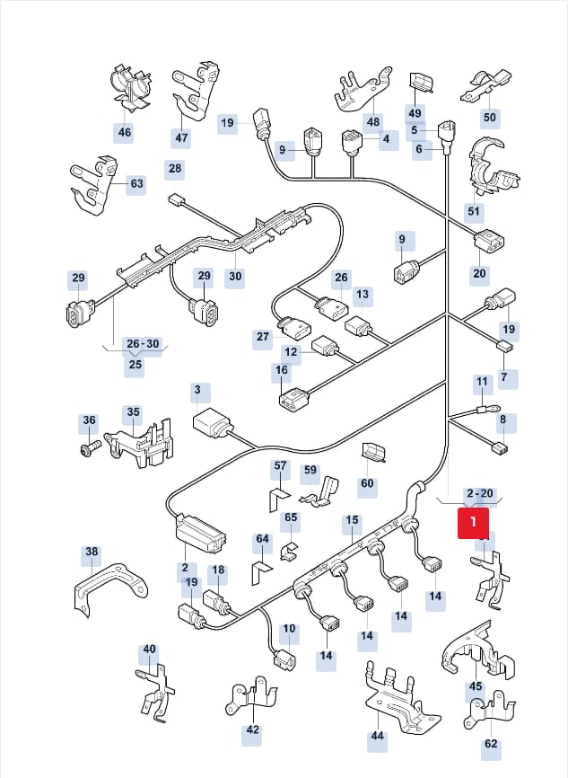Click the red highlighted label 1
pos(473,522)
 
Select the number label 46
pos(125,132)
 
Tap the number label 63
pos(136,183)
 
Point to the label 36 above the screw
pos(89,420)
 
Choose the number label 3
pos(197,390)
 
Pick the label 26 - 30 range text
pos(143,344)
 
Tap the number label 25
pos(135,364)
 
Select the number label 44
pos(377,735)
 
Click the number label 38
pos(92,552)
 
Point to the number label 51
pos(474,211)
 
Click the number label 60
pos(367,483)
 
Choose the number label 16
pos(282,370)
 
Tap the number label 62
pos(491,743)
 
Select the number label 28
pos(175,168)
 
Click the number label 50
pos(489,117)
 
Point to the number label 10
pos(289,629)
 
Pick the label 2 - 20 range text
pos(480,493)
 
